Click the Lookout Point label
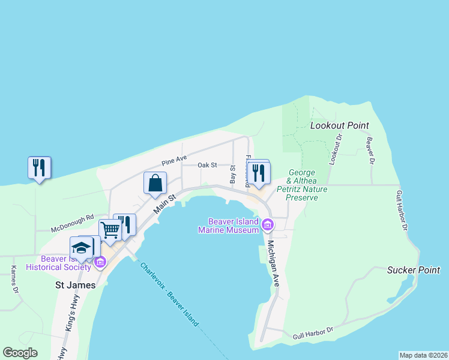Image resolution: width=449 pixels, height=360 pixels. (339, 125)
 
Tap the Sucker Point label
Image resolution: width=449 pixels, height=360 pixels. (414, 270)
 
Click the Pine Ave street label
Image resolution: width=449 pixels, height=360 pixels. (175, 163)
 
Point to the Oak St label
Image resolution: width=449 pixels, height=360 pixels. (207, 166)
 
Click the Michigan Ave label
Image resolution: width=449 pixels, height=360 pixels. (273, 263)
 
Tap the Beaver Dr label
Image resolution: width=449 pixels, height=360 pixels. (370, 151)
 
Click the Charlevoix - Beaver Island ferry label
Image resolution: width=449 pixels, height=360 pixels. (170, 295)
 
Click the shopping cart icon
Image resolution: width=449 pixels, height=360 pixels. (110, 230)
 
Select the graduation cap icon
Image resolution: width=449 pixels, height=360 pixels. (82, 248)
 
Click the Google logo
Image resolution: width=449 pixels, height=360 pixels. (20, 353)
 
